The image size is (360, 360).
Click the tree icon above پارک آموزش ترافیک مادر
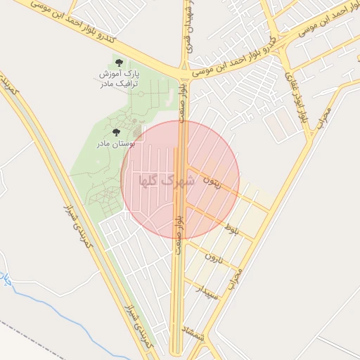point(117,63)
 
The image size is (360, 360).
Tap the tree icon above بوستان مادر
point(117,131)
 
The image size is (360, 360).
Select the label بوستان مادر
point(116,143)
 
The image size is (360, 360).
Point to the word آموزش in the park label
point(112,74)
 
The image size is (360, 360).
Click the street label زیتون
point(212,181)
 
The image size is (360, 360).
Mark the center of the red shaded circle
point(180,179)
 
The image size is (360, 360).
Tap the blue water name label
point(6,281)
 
